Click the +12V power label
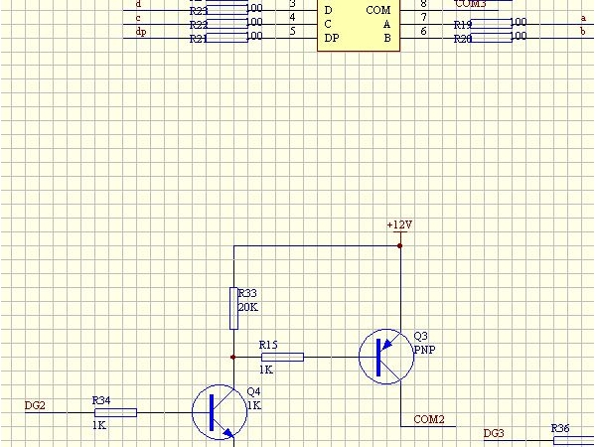(399, 225)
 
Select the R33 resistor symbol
(233, 308)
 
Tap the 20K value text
(247, 307)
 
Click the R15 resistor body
(282, 357)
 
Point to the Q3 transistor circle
(383, 358)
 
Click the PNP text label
(424, 349)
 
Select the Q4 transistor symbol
(217, 412)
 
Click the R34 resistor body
(115, 412)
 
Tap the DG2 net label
(35, 405)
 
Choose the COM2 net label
(428, 418)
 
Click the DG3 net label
(494, 433)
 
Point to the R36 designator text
(560, 428)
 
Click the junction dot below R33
(233, 357)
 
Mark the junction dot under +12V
(399, 243)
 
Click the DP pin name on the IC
(331, 37)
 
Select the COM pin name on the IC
(377, 10)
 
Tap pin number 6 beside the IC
(423, 32)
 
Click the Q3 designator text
(420, 336)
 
